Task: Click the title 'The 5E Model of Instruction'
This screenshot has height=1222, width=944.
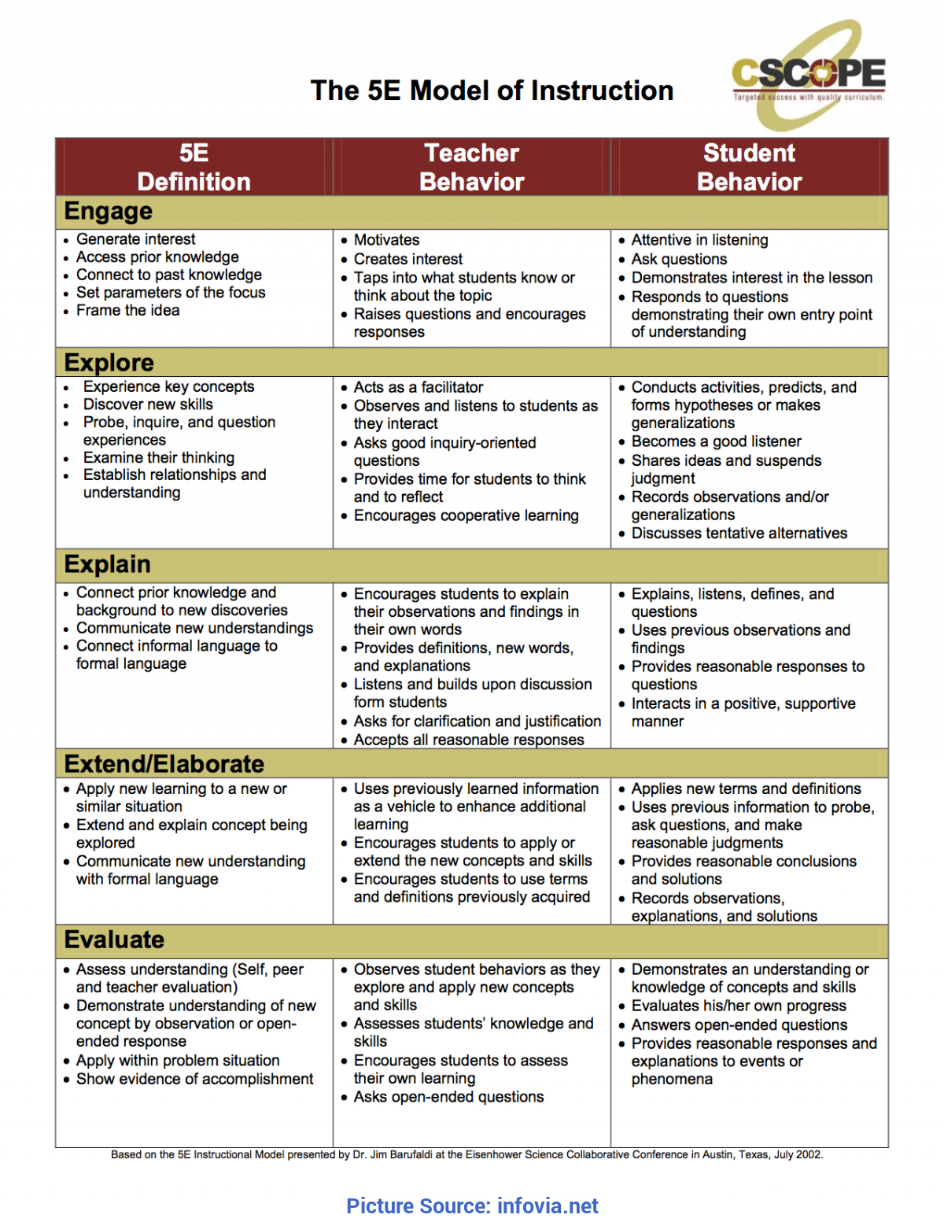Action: click(x=492, y=90)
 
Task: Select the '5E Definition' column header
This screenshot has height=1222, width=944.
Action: click(x=194, y=167)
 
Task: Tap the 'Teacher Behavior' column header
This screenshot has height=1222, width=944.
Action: click(x=471, y=167)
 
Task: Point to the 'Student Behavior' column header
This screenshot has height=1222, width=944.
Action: click(x=749, y=167)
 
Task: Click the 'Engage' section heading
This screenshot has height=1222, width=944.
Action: click(x=109, y=212)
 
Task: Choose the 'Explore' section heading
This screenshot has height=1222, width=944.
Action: click(x=109, y=363)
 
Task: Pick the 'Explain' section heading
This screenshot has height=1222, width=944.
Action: click(x=108, y=564)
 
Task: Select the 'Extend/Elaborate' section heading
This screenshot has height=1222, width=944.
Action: click(x=164, y=764)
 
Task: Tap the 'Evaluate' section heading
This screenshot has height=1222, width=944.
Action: click(x=115, y=940)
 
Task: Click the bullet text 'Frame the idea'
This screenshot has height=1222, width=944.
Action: click(x=127, y=311)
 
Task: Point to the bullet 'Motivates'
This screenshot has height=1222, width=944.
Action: click(x=386, y=240)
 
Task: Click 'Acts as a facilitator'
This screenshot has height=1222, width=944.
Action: click(x=419, y=387)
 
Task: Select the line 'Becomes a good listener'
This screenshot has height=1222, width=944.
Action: click(x=716, y=441)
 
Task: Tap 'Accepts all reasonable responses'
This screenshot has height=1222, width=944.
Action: click(x=469, y=740)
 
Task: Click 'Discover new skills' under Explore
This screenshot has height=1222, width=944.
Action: click(x=148, y=404)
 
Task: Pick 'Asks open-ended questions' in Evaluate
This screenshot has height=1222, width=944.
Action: click(x=448, y=1097)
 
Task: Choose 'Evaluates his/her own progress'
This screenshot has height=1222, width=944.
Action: click(x=739, y=1006)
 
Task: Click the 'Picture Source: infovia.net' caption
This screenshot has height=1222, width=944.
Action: click(x=472, y=1206)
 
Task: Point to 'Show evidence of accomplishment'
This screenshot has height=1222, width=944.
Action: click(x=194, y=1079)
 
